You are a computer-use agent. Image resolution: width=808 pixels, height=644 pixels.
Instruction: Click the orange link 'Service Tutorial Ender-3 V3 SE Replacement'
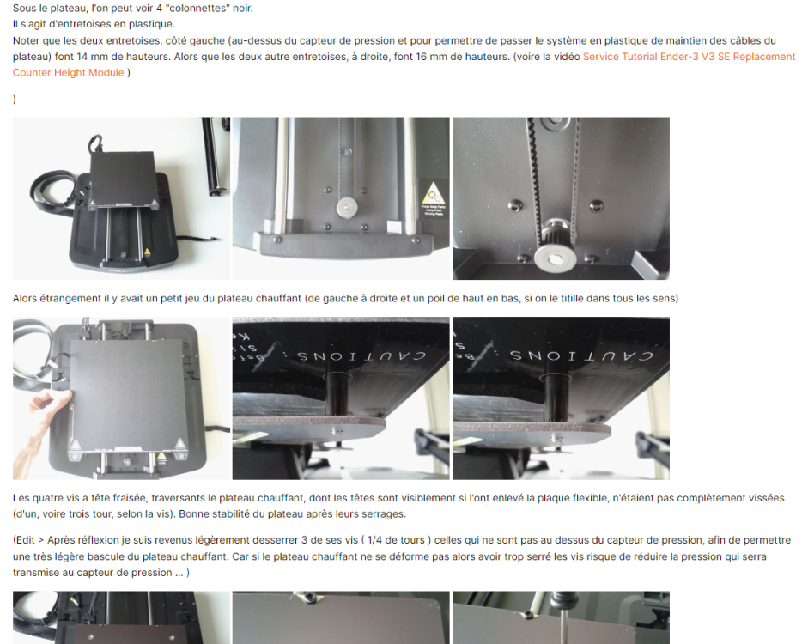tap(689, 57)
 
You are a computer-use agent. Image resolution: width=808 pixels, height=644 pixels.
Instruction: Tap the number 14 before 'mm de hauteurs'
tap(82, 57)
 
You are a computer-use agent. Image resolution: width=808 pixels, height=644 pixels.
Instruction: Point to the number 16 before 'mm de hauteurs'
tap(422, 57)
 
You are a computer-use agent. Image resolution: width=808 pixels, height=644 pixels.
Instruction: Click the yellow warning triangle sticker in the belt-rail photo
tap(434, 195)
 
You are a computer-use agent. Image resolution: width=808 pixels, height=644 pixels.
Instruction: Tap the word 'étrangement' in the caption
tap(70, 299)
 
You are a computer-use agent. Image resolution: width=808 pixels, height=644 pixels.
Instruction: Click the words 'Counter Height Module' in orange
tap(69, 73)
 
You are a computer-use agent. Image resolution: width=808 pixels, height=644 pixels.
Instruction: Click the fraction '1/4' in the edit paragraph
tap(374, 540)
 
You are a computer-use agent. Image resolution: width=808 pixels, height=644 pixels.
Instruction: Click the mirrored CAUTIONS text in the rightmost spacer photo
tap(580, 355)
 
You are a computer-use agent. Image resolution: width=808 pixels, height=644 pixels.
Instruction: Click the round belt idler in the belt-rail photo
tap(347, 208)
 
